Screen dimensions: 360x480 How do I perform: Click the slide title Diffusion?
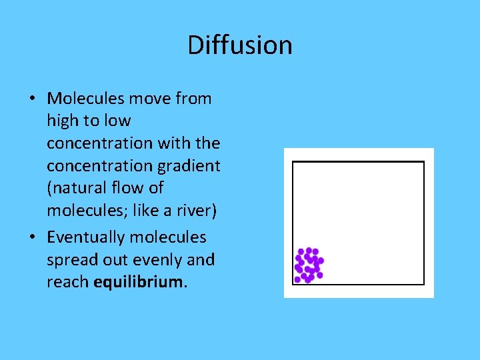(x=240, y=45)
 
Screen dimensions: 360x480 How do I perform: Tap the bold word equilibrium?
(x=139, y=282)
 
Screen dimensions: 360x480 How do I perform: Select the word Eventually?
(x=87, y=237)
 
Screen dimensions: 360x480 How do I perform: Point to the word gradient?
(x=189, y=166)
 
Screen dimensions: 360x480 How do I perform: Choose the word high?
(x=62, y=121)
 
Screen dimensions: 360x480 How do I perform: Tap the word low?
(x=117, y=121)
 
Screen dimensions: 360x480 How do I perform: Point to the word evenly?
(x=163, y=260)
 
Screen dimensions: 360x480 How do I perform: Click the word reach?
(x=67, y=282)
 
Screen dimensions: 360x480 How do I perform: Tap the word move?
(x=151, y=99)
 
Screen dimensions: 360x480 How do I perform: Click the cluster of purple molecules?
(x=309, y=265)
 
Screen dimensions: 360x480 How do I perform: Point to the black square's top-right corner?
(x=424, y=162)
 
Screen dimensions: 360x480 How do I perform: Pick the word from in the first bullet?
(x=194, y=99)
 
